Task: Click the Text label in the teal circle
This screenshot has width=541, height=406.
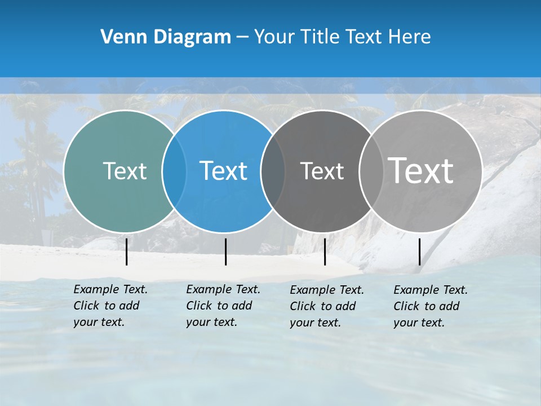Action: [125, 171]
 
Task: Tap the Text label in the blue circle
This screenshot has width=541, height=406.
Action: [223, 171]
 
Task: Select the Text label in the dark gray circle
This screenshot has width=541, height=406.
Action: [322, 171]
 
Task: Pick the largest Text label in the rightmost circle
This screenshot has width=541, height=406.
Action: [420, 171]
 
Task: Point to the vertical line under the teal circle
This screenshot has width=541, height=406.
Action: [127, 251]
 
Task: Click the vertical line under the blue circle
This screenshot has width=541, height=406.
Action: [225, 251]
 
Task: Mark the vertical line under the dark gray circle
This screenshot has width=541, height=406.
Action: [325, 251]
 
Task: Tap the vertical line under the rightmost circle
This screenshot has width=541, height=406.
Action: [420, 251]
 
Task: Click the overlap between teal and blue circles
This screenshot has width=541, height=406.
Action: [174, 171]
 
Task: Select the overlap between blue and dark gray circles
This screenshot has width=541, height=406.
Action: [273, 171]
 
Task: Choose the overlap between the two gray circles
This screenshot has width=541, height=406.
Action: [370, 171]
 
